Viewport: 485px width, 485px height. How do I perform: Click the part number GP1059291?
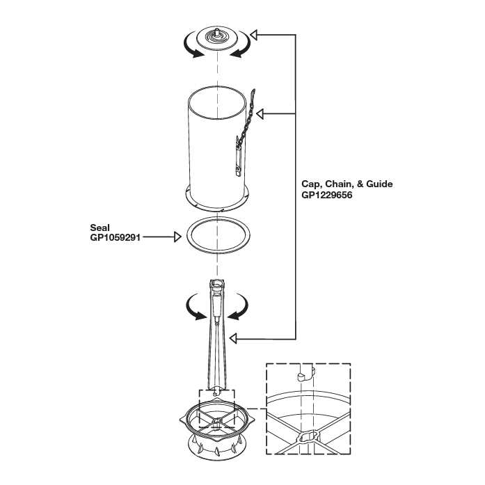click(116, 237)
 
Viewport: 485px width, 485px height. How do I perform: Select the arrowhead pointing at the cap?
click(255, 34)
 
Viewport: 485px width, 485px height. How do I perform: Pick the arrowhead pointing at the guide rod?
click(234, 338)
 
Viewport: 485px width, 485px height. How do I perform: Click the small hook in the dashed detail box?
click(300, 377)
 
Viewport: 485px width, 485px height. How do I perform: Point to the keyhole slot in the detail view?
click(308, 437)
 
